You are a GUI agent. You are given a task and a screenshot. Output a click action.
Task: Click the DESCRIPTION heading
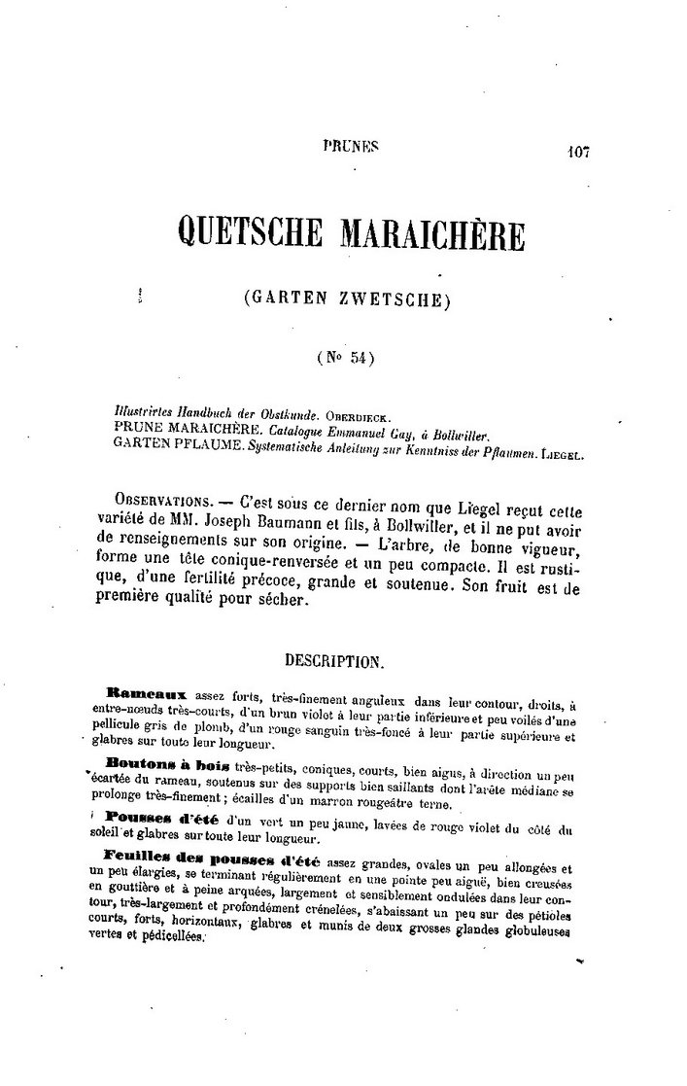334,661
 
